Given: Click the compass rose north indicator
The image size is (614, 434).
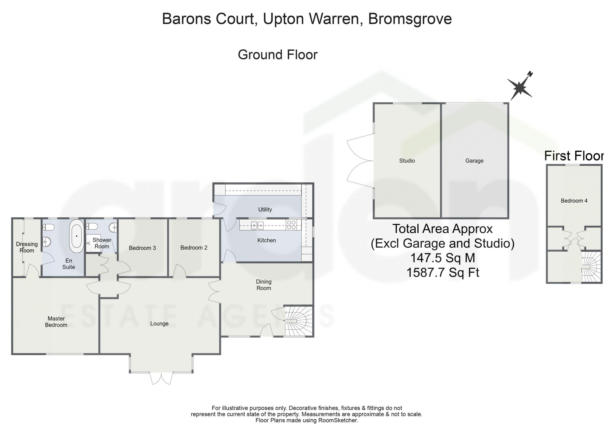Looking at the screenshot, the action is tap(520, 87).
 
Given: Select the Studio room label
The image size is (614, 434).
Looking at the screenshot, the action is tap(407, 161).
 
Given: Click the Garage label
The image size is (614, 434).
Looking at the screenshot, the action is tap(474, 161).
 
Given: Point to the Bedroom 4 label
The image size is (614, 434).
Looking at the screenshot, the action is tap(574, 201).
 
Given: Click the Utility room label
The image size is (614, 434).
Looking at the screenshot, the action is tap(265, 209).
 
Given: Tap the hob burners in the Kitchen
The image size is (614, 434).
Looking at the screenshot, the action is tap(291, 225).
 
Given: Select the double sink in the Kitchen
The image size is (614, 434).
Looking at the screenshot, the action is tap(257, 226).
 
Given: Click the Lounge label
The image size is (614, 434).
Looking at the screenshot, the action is tap(159, 324).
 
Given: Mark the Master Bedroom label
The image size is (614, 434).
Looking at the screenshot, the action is tap(56, 322).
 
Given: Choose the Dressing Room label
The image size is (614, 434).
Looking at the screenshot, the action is tap(27, 247).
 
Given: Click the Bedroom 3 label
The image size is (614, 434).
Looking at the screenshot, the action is tap(142, 248).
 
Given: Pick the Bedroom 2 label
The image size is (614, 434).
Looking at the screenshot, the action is tap(194, 247).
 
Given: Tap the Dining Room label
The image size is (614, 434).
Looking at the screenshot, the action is tap(264, 285).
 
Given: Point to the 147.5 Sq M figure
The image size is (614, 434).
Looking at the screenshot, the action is tap(443, 258).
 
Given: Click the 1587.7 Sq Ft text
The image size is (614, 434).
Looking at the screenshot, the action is tap(443, 272).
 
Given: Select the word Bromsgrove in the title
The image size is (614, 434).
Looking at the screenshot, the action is tap(410, 19).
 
